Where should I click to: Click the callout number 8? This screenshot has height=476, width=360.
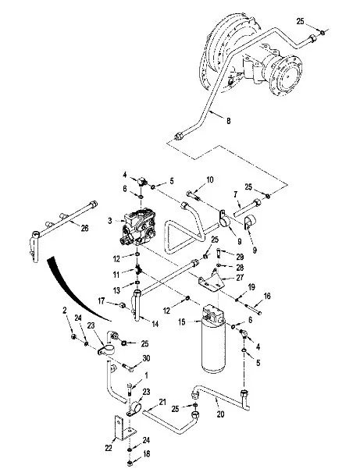pyautogui.click(x=229, y=121)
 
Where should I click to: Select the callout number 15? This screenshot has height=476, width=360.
pyautogui.click(x=182, y=321)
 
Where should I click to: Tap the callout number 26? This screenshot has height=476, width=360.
pyautogui.click(x=84, y=228)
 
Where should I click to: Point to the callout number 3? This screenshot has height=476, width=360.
pyautogui.click(x=110, y=221)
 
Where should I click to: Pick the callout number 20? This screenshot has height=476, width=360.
pyautogui.click(x=220, y=414)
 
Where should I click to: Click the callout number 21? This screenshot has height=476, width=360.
pyautogui.click(x=162, y=402)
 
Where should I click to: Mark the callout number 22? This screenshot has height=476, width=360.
pyautogui.click(x=109, y=448)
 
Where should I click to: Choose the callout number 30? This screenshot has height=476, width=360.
pyautogui.click(x=146, y=358)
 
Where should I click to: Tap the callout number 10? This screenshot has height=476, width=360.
pyautogui.click(x=210, y=179)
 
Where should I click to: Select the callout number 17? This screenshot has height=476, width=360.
pyautogui.click(x=102, y=301)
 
